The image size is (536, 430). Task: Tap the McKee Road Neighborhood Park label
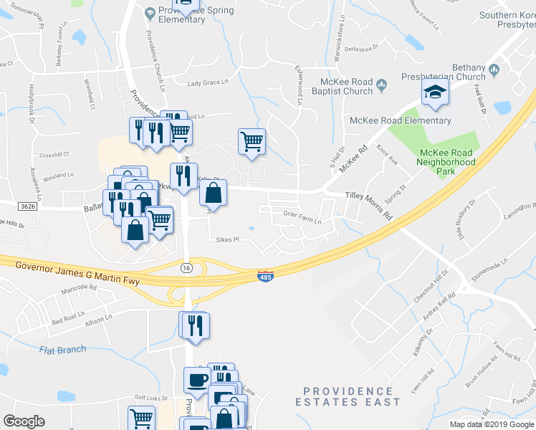click(x=446, y=158)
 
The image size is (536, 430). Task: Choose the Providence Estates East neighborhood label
click(x=348, y=396)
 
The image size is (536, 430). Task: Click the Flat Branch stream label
click(x=62, y=350)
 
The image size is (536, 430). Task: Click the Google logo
click(x=24, y=421)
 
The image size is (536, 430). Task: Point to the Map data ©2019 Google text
click(x=491, y=424)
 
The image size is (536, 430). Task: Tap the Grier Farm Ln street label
click(x=302, y=222)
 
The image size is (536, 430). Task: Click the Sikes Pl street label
click(x=227, y=240)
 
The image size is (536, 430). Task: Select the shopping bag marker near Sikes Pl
click(x=214, y=193)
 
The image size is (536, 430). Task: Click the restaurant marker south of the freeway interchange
click(x=193, y=325)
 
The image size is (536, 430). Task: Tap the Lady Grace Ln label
click(x=208, y=83)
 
